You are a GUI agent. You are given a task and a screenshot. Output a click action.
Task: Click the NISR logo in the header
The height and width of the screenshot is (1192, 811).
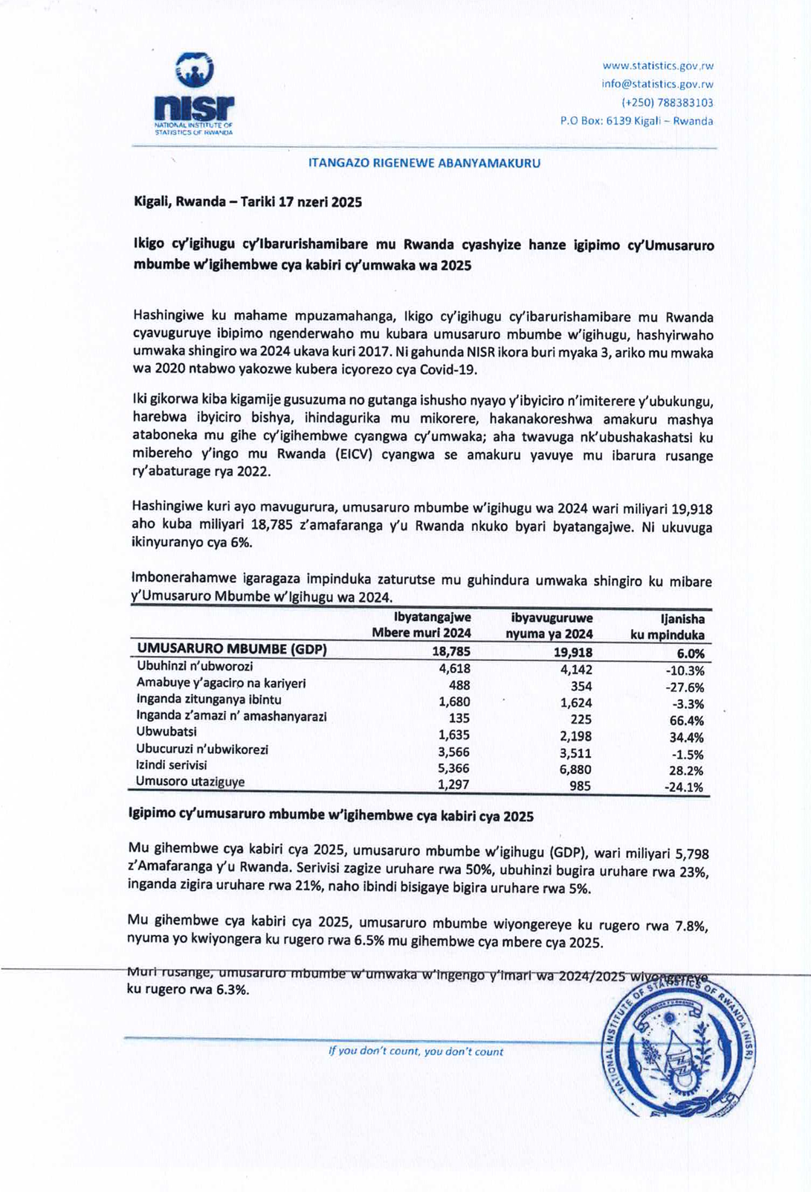click(193, 93)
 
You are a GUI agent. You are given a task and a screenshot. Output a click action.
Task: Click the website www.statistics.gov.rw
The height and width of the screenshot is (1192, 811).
click(657, 66)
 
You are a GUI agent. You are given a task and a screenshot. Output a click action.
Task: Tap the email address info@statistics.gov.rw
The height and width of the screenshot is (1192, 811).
click(657, 84)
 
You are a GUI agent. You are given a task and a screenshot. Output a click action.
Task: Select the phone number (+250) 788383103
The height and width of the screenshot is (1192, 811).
click(667, 103)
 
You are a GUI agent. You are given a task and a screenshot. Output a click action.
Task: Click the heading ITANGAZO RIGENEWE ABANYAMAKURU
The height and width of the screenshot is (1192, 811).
click(424, 163)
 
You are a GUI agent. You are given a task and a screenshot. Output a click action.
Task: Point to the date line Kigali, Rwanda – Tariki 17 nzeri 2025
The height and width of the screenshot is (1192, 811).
click(248, 202)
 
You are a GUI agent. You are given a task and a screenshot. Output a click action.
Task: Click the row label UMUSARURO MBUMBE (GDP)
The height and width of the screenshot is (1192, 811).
click(232, 649)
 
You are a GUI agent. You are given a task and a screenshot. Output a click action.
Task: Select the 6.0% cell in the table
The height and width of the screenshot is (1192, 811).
click(688, 654)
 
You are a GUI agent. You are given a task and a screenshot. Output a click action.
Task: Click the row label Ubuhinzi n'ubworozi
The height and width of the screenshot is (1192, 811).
click(195, 666)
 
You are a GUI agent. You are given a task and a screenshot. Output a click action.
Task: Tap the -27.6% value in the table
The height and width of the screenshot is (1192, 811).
click(685, 687)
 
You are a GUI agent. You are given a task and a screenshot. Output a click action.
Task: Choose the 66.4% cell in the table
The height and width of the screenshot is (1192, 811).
click(687, 721)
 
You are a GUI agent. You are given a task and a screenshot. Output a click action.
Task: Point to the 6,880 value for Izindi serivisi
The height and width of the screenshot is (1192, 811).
click(575, 770)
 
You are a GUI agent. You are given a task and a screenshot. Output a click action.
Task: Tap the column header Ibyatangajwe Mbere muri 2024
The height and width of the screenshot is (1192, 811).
click(422, 625)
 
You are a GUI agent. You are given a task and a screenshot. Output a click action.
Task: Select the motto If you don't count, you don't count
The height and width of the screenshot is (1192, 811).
click(416, 1051)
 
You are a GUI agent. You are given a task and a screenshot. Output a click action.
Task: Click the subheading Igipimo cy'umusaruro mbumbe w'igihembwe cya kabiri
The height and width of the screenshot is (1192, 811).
click(331, 816)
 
